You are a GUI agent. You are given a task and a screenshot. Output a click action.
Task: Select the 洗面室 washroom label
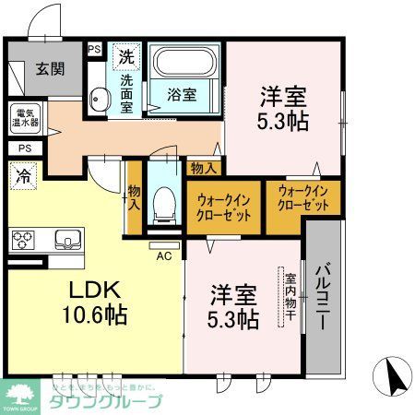(x=125, y=92)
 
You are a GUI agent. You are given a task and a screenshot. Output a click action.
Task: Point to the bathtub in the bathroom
(x=187, y=64)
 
